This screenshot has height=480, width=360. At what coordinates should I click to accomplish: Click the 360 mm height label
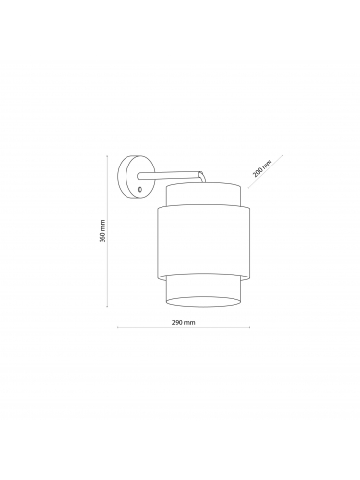pos(102,232)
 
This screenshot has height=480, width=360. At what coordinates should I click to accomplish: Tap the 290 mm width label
pos(183,322)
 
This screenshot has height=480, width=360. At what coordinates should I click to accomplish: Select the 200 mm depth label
pos(262,168)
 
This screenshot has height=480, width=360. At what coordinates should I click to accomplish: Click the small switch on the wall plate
pos(140,189)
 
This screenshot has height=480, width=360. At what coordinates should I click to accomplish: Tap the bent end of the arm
pos(201,177)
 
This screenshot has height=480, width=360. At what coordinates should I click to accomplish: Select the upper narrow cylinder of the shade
pos(203,195)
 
